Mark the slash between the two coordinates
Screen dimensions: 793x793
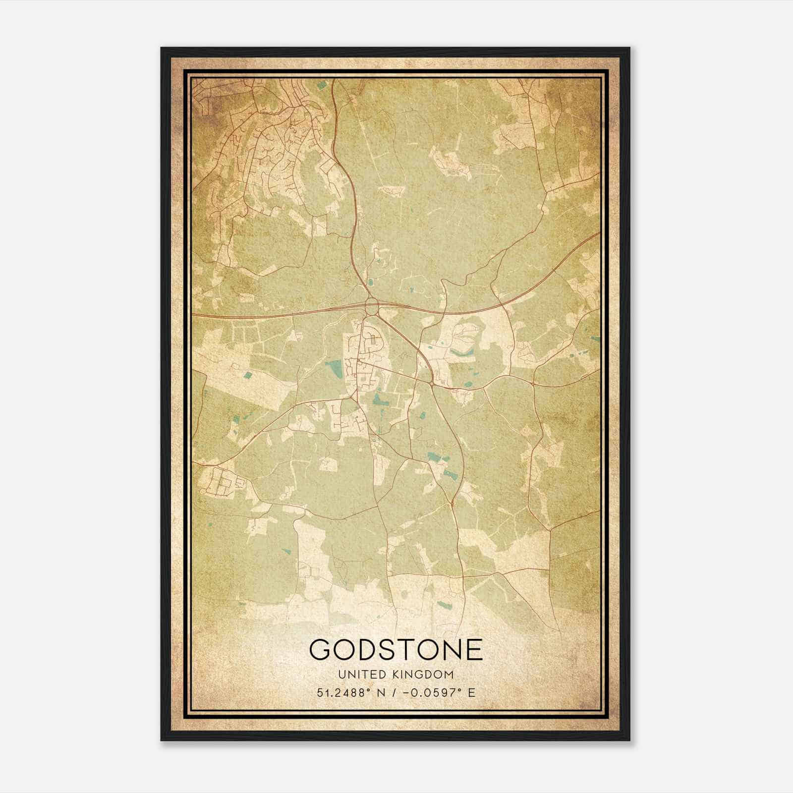coord(394,692)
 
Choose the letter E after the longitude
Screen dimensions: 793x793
coord(472,692)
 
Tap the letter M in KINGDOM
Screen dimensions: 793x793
coord(449,675)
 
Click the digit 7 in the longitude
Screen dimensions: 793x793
coord(453,692)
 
